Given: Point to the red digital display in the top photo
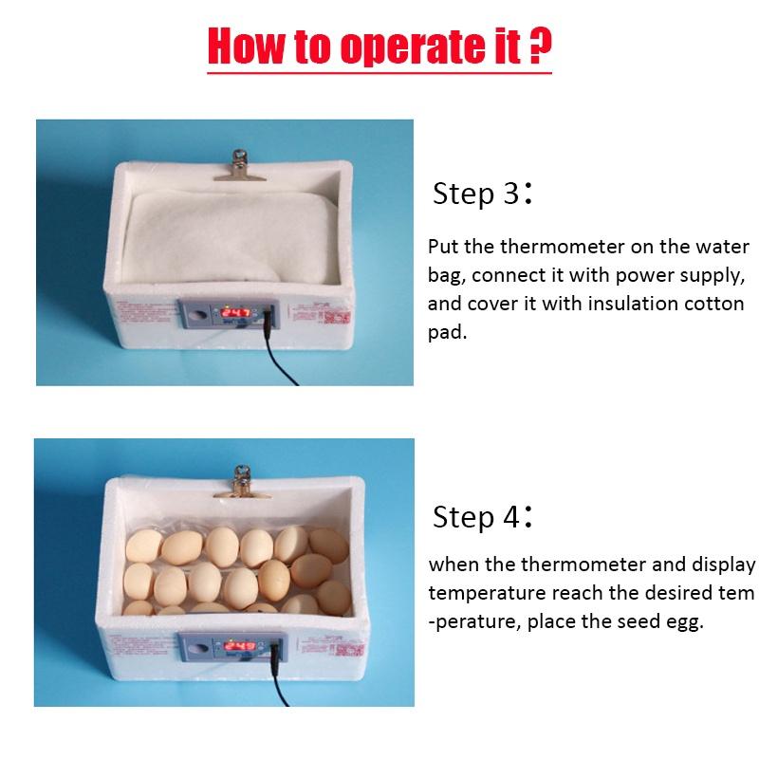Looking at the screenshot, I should coord(236,312).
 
